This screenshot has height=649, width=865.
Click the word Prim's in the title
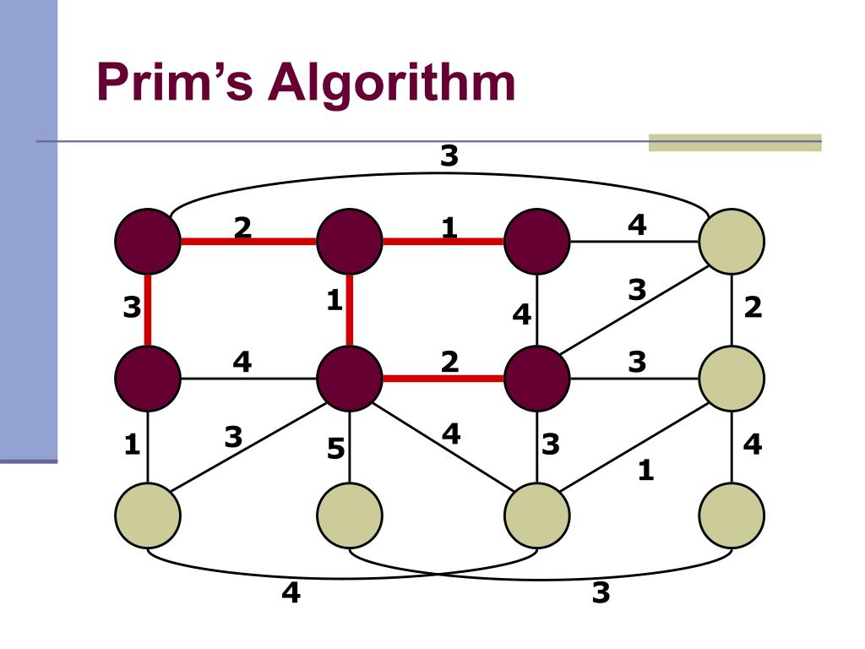(174, 84)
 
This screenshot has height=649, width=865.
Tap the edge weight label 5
(336, 450)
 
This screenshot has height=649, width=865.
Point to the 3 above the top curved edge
(449, 155)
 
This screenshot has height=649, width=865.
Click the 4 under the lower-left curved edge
(291, 593)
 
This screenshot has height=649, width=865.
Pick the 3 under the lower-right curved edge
(601, 593)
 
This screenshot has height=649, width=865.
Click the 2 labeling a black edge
(753, 308)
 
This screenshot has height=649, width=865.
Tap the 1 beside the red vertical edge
(335, 301)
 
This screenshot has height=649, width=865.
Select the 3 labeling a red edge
(131, 308)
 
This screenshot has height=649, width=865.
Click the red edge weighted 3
(148, 308)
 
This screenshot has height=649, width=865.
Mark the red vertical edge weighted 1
(350, 308)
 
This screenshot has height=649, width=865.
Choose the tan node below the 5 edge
(350, 515)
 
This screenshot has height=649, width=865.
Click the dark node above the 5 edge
(350, 378)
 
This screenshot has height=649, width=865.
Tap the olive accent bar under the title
(735, 143)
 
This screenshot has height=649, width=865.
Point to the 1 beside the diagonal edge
(645, 470)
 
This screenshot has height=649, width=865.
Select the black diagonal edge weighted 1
(634, 448)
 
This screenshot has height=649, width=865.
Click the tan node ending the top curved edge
(732, 242)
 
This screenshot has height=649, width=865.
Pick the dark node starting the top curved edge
(148, 242)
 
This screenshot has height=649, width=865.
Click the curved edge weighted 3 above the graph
(439, 174)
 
